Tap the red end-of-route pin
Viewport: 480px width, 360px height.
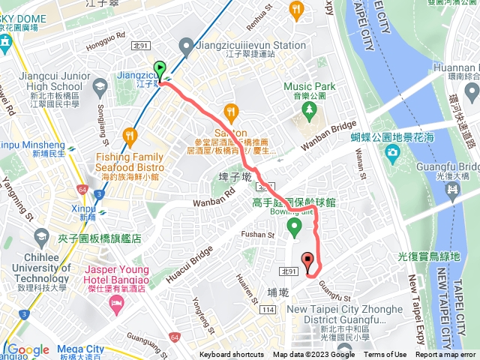pos(307,262)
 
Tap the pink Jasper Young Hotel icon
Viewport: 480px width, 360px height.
pos(116,301)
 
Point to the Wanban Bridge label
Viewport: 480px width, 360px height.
pos(325,134)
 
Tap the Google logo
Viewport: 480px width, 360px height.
pos(28,350)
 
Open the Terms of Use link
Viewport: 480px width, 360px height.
pos(385,355)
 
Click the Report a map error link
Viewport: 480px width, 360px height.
pos(446,355)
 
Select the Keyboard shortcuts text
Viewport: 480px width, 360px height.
pos(232,355)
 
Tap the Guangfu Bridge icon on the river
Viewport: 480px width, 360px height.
pos(453,193)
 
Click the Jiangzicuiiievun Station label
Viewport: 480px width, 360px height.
pos(260,45)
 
